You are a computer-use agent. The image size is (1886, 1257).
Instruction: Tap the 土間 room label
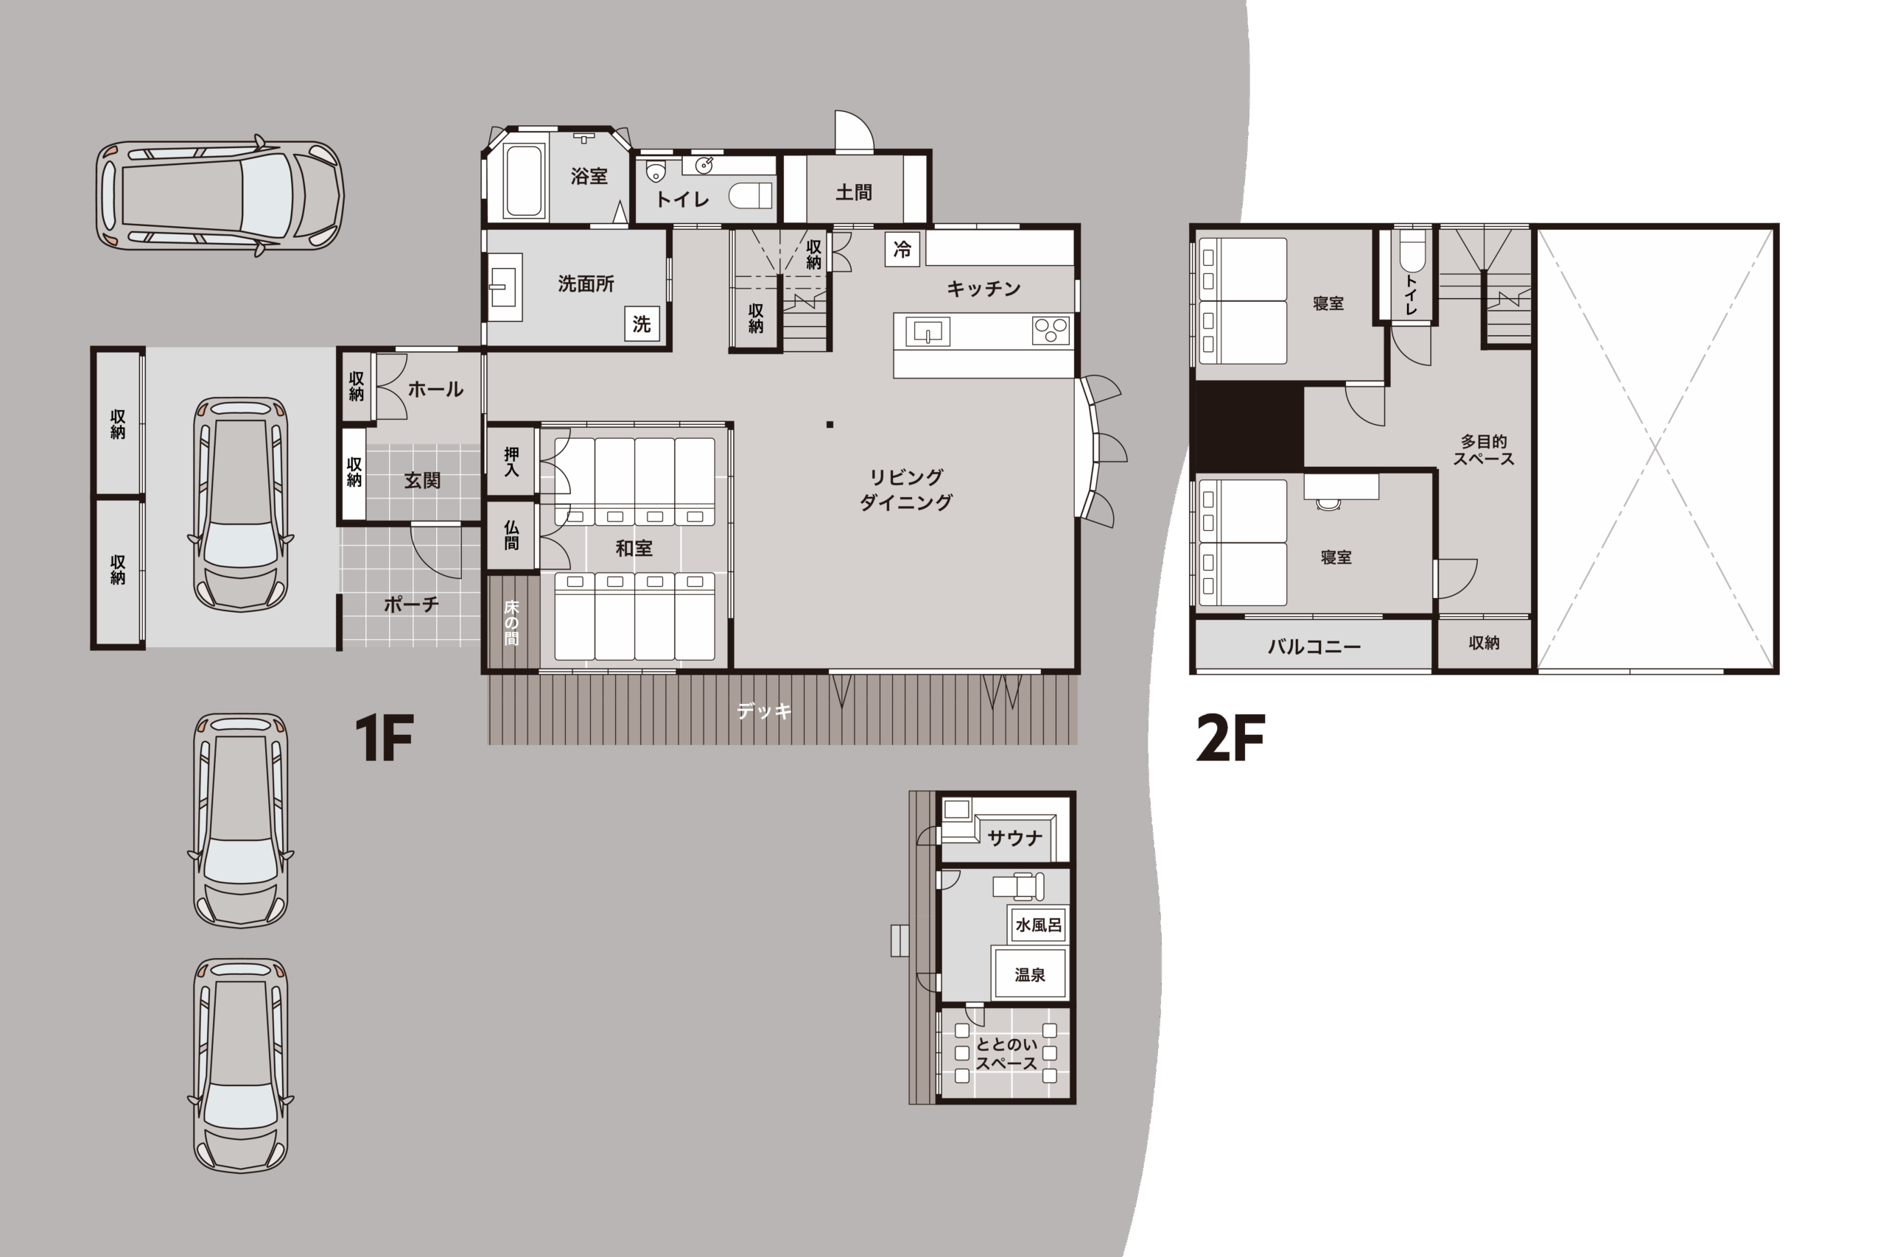click(853, 192)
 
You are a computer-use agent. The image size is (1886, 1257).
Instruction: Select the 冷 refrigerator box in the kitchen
click(902, 250)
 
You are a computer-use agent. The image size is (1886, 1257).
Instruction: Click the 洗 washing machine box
click(642, 324)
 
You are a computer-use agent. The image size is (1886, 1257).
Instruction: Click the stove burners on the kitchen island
click(1051, 331)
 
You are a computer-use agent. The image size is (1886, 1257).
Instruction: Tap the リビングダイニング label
click(906, 490)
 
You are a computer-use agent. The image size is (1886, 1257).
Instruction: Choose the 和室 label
click(634, 549)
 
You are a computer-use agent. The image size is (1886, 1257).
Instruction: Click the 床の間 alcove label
click(511, 622)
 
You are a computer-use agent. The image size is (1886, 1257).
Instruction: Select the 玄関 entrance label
click(422, 480)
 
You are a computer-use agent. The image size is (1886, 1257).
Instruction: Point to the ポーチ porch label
click(411, 605)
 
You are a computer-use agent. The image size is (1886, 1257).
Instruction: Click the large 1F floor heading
click(384, 738)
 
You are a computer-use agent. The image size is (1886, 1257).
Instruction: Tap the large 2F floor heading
click(1230, 738)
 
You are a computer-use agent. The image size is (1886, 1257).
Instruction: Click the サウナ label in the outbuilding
click(1014, 839)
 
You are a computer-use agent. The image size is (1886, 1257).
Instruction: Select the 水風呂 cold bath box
click(1039, 925)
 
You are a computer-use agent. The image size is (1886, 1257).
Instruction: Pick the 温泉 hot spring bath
click(1030, 974)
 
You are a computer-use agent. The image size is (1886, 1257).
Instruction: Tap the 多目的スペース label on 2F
click(1484, 450)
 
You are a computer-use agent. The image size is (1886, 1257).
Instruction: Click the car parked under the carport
click(241, 504)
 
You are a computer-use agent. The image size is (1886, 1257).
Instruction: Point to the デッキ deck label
click(763, 711)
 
